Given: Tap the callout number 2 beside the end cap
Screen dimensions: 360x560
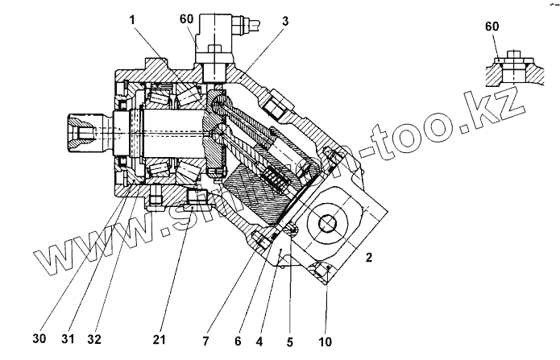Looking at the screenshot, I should (x=368, y=259).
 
